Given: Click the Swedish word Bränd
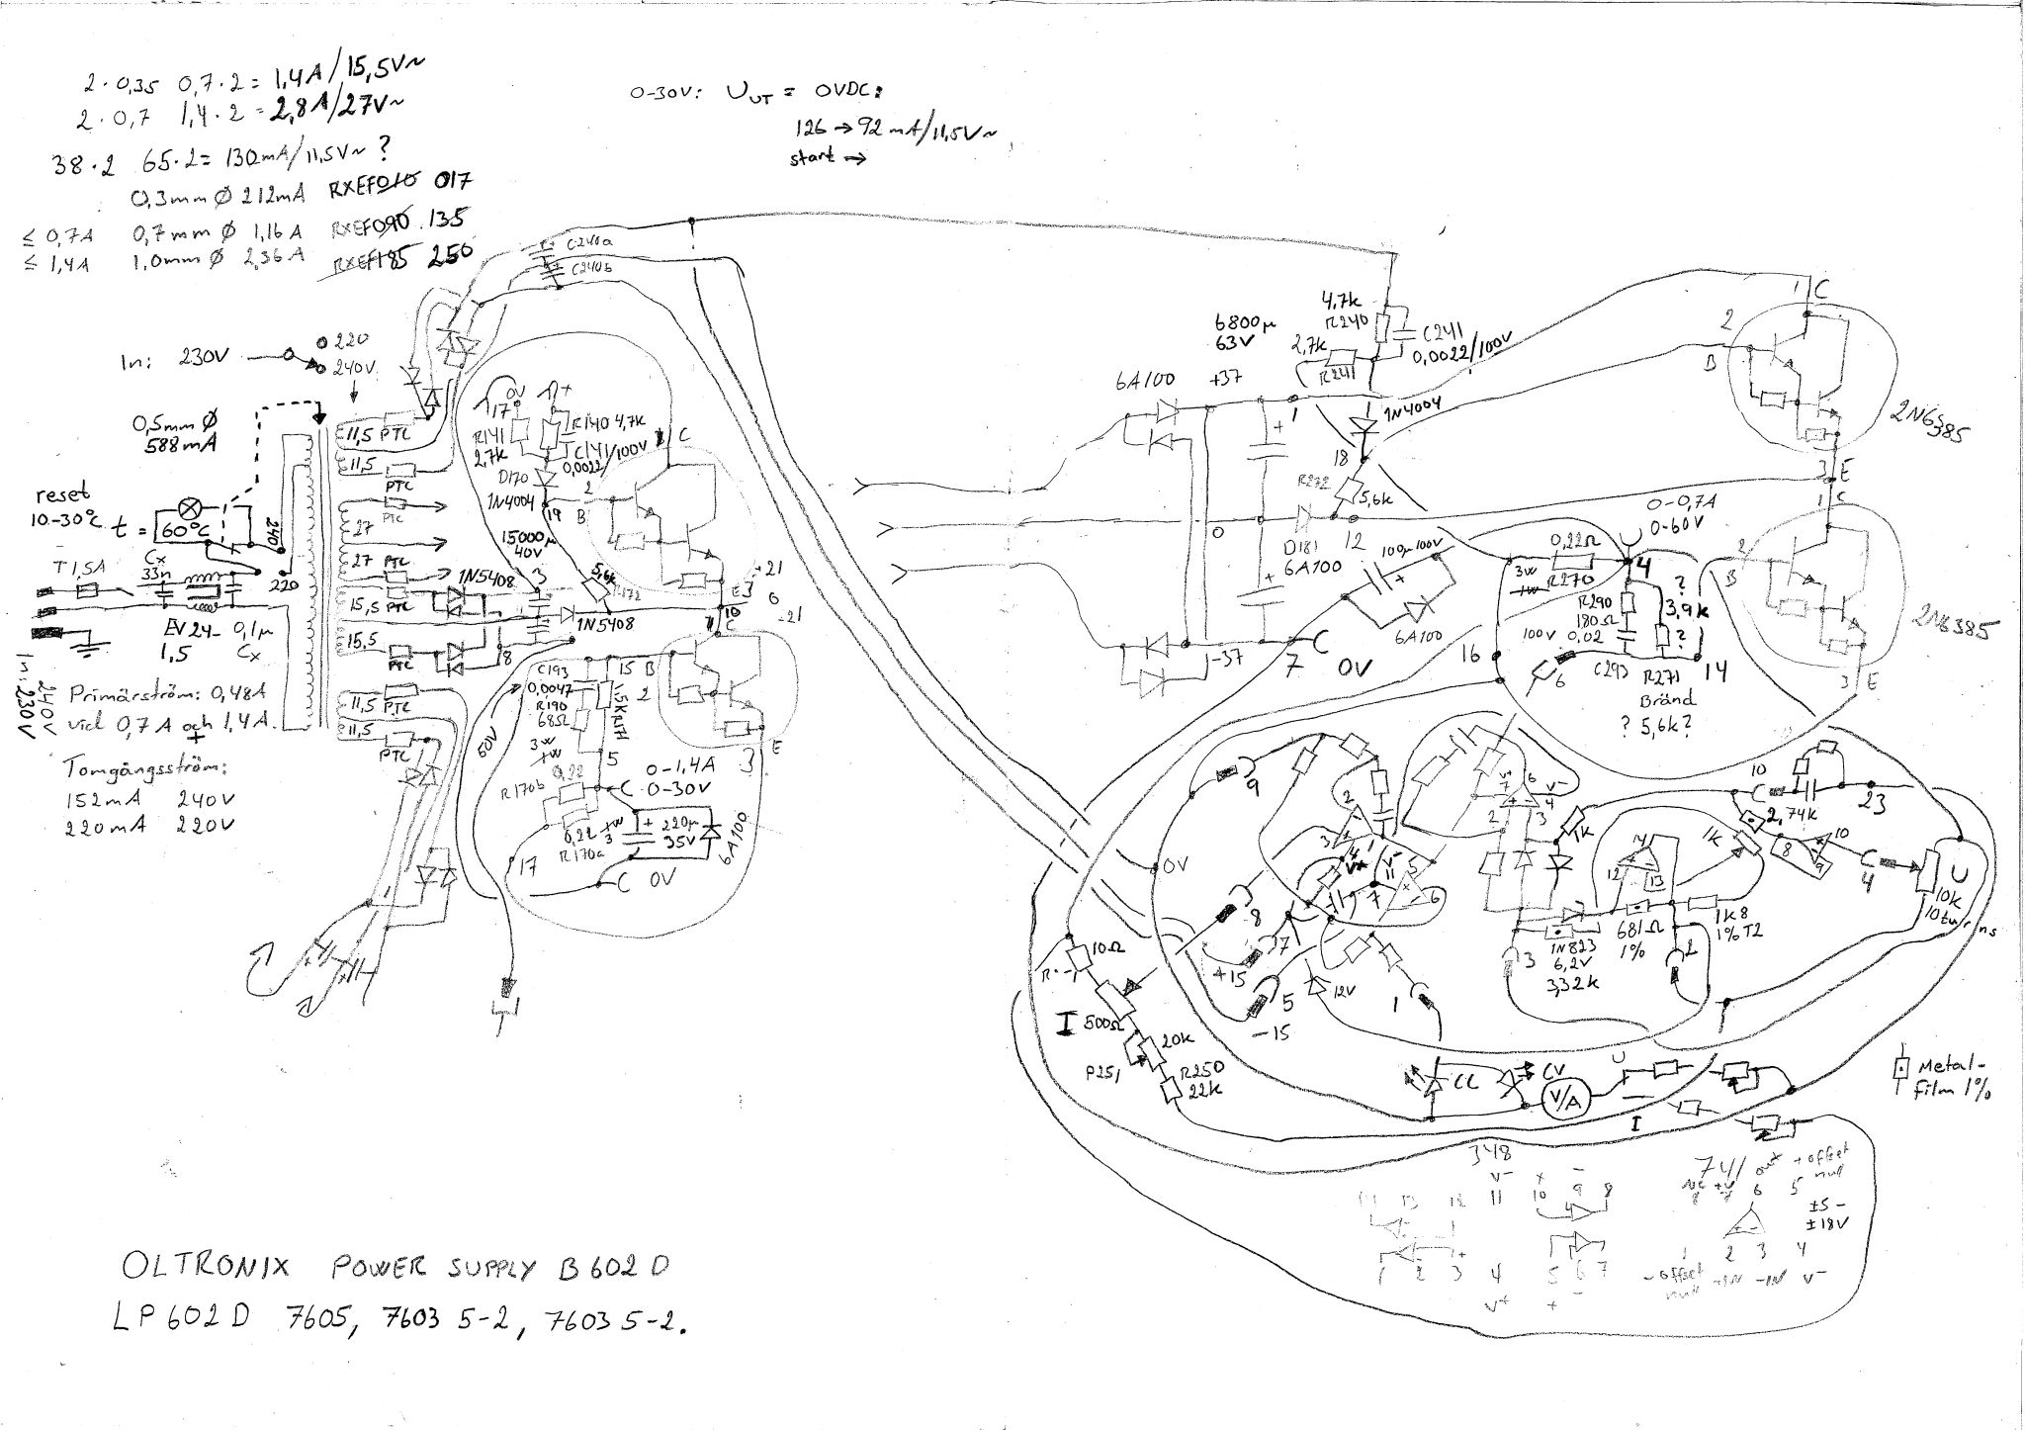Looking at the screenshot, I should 1666,697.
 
